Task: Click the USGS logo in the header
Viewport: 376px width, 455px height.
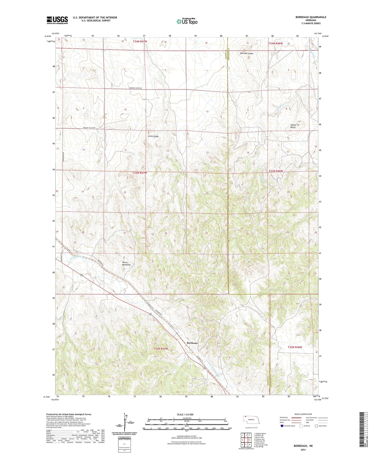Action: tap(57, 20)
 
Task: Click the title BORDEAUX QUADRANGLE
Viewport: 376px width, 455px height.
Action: tap(311, 17)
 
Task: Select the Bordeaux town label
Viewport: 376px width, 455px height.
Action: tap(192, 343)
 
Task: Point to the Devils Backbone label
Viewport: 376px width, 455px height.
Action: tap(126, 263)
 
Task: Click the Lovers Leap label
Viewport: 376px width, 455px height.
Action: tap(153, 136)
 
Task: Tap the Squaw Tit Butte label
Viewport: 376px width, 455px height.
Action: tap(295, 126)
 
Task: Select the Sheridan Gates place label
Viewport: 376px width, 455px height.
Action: tap(246, 53)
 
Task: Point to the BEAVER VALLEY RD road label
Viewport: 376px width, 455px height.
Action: tap(90, 128)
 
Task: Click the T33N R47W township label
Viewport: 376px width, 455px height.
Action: tap(140, 173)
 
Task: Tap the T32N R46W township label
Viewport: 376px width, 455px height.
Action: tap(295, 347)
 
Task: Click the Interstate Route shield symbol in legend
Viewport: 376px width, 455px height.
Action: tap(282, 426)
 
